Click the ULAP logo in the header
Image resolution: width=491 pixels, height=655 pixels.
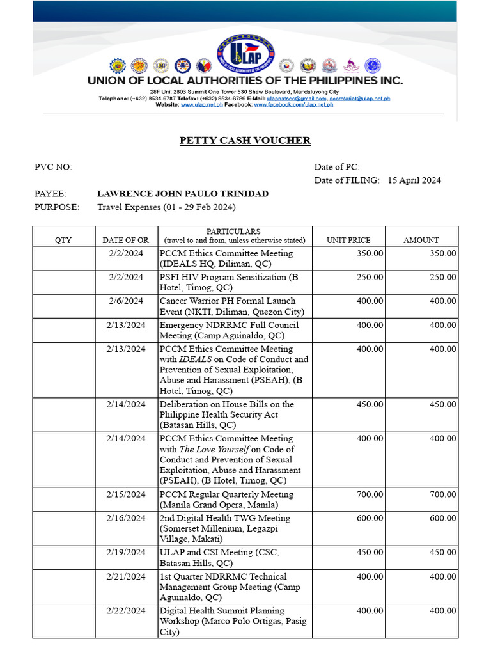click(x=245, y=53)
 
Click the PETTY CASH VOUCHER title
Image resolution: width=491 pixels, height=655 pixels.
click(x=245, y=140)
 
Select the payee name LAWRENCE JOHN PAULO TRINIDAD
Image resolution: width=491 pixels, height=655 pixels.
click(x=182, y=194)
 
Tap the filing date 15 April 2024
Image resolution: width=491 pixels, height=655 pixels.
click(x=414, y=180)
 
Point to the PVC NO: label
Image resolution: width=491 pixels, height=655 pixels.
click(x=53, y=167)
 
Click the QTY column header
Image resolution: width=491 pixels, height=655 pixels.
click(x=63, y=240)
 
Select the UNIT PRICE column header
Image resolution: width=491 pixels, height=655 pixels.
click(x=348, y=240)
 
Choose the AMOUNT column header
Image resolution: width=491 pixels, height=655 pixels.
click(x=421, y=240)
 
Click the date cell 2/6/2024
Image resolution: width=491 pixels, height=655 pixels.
click(x=126, y=301)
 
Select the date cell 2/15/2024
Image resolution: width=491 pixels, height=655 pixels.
click(x=126, y=494)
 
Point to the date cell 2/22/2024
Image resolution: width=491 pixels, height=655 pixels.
click(x=126, y=611)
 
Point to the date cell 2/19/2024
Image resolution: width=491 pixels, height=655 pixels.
click(x=126, y=553)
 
